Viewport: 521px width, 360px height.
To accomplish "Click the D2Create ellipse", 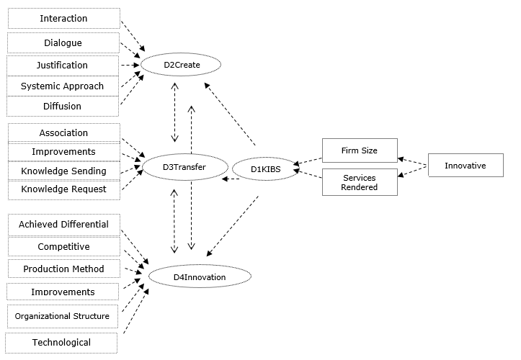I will coord(180,66).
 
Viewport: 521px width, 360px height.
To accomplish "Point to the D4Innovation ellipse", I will coord(200,276).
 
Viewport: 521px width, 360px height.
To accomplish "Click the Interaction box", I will coord(63,19).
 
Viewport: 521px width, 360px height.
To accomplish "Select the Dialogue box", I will coord(63,42).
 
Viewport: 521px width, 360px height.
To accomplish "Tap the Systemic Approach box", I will coord(62,86).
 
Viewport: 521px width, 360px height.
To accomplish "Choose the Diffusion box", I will coord(62,107).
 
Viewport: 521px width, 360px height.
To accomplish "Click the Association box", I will coord(63,132).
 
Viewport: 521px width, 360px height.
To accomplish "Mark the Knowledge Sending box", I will coord(63,171).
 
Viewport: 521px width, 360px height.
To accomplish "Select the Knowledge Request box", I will coord(63,189).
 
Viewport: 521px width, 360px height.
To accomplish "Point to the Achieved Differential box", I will coord(63,225).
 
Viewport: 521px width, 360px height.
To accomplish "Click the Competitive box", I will coord(63,247).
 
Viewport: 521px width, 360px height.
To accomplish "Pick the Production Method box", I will coord(63,269).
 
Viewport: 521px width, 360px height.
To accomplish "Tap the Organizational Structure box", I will coord(62,315).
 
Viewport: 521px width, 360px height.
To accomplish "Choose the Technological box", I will coord(61,342).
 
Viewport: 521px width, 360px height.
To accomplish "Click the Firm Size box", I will coord(360,150).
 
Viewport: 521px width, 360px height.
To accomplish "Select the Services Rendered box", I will coord(360,182).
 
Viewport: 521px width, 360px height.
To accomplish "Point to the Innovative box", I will coord(465,166).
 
